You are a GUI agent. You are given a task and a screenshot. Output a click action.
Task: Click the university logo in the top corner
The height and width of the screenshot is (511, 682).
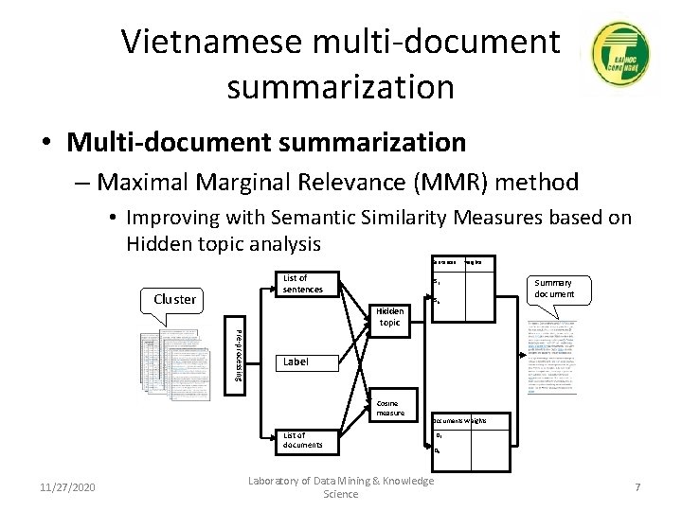pyautogui.click(x=619, y=56)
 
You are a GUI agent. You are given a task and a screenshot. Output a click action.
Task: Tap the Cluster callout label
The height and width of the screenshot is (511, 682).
pyautogui.click(x=174, y=299)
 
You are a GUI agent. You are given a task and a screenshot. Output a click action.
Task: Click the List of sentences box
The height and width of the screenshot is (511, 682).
pyautogui.click(x=302, y=283)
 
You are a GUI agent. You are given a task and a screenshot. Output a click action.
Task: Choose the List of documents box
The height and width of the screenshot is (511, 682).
pyautogui.click(x=303, y=439)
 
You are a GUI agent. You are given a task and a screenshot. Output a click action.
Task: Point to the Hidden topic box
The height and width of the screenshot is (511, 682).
pyautogui.click(x=389, y=317)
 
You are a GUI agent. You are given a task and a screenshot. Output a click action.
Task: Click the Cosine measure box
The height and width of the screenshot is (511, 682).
pyautogui.click(x=389, y=407)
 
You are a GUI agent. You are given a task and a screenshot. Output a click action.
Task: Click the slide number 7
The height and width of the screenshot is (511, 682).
pyautogui.click(x=637, y=487)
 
